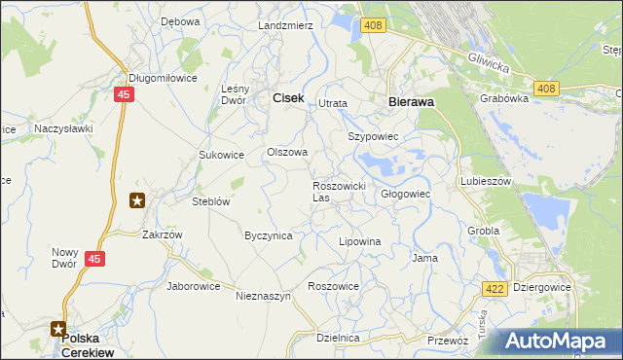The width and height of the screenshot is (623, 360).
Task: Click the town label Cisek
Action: coord(288,98)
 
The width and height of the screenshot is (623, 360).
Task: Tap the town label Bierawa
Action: coord(411,100)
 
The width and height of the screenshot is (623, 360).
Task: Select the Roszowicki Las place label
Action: coord(338,191)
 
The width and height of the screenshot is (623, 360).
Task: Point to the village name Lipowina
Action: coord(358,240)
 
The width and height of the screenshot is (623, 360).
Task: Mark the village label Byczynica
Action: coord(269,235)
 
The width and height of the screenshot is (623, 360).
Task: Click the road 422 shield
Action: coord(495,288)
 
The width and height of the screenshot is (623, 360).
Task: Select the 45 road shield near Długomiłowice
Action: coord(122,94)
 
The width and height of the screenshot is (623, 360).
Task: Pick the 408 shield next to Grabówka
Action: coord(545,90)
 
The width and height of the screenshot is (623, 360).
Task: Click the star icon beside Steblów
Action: coord(137,201)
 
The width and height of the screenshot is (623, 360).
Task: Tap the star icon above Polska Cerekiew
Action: coord(59,329)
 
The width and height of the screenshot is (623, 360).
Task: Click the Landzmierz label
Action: coord(285,25)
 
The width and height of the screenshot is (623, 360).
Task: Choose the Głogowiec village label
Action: coord(405,194)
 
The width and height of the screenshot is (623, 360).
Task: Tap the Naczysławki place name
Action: coord(62,127)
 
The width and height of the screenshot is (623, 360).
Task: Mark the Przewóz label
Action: coord(449,341)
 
